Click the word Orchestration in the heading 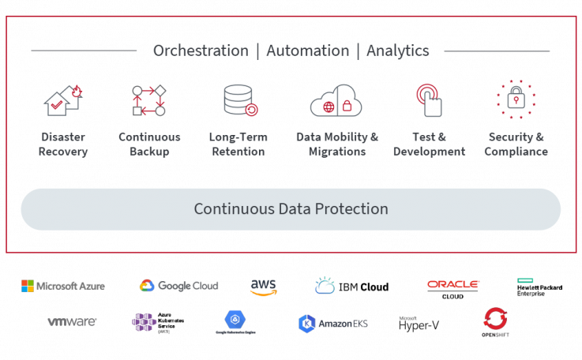pos(201,51)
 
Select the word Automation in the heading pos(307,51)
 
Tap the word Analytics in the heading pos(398,51)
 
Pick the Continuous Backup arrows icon pos(148,100)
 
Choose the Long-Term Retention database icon pos(239,100)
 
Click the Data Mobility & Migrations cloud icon pos(336,101)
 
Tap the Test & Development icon pos(429,100)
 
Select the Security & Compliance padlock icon pos(516,99)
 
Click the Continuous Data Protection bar pos(291,209)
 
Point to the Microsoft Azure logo pos(63,286)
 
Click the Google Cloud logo pos(178,286)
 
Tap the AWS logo pos(263,287)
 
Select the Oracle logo pos(453,284)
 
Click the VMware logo pos(72,322)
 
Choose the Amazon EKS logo pos(333,323)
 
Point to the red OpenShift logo pos(496,321)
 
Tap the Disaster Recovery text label pos(63,144)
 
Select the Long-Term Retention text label pos(238,144)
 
